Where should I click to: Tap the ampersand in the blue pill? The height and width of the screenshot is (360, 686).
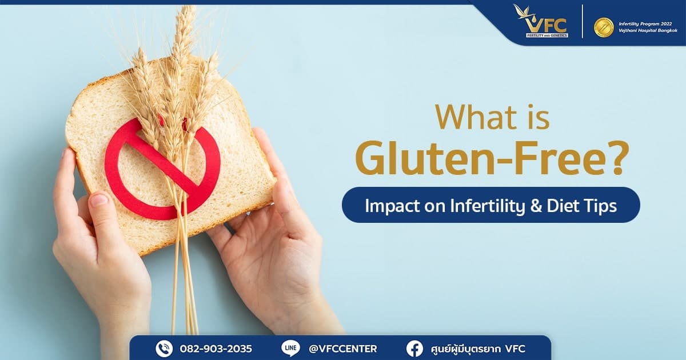[535, 205]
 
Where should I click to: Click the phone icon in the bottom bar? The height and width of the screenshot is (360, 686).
[164, 348]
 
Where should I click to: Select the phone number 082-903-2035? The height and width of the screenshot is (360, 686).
[216, 348]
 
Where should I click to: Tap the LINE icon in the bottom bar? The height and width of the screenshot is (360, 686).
[290, 348]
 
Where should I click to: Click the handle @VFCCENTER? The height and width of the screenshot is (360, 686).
[342, 348]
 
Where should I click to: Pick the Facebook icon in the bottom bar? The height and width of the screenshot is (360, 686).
[414, 348]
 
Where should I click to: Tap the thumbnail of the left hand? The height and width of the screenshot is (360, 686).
[99, 201]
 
